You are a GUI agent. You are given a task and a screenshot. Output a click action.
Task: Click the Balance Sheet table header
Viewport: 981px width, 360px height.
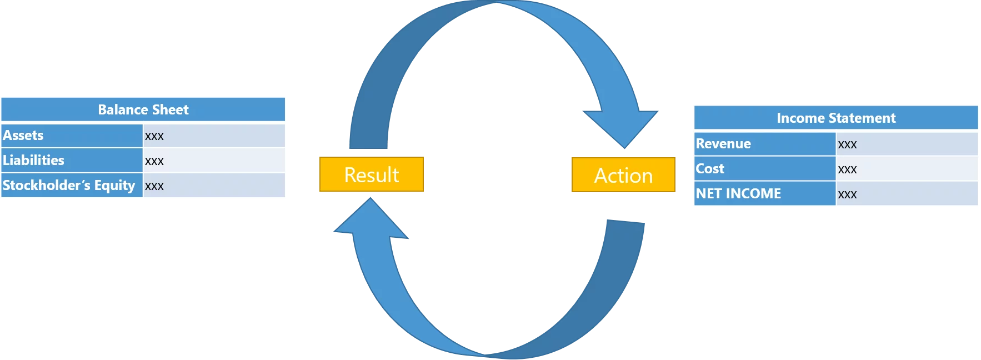click(x=143, y=109)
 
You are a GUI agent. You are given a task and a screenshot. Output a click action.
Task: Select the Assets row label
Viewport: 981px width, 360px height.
click(x=23, y=136)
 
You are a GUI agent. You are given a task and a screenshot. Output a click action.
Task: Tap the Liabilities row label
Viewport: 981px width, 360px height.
click(x=33, y=161)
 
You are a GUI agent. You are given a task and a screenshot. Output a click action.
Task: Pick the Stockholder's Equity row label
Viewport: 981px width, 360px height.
click(x=69, y=186)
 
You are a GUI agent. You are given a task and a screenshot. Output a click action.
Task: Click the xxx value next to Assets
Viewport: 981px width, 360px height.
click(x=154, y=136)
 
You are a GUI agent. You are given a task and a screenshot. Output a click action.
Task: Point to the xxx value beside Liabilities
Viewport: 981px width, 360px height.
click(x=154, y=161)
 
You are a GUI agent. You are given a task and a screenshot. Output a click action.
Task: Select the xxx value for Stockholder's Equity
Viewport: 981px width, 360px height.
click(x=154, y=186)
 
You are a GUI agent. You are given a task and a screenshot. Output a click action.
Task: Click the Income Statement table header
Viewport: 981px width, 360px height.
click(x=835, y=118)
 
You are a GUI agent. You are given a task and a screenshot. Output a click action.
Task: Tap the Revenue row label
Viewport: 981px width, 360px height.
click(x=723, y=144)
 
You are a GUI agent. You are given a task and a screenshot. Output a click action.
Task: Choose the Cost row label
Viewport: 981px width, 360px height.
click(x=710, y=169)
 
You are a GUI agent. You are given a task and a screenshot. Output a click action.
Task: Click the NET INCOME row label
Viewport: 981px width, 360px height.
click(x=738, y=194)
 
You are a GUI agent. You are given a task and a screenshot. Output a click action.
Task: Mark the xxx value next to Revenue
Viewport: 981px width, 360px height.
click(x=847, y=144)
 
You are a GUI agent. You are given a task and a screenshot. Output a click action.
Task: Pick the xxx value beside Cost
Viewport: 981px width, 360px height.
click(x=847, y=169)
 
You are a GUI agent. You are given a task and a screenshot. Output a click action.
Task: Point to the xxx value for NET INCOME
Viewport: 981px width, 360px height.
click(x=847, y=194)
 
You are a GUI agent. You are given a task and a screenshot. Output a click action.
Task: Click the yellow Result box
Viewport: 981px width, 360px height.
click(x=371, y=175)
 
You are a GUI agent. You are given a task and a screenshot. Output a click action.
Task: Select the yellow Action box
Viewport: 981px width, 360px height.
click(x=623, y=176)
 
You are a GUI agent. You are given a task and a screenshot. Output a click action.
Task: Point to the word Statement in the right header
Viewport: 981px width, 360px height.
click(x=870, y=118)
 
